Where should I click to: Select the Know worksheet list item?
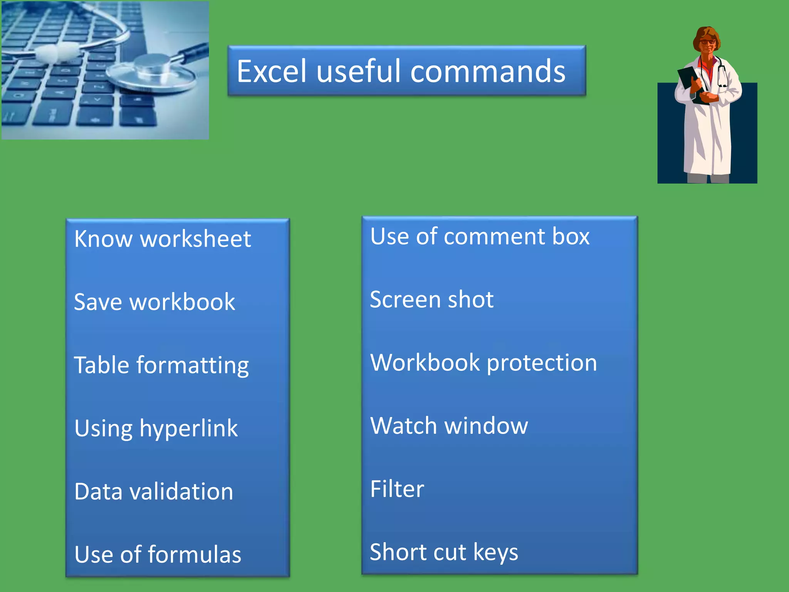tap(162, 239)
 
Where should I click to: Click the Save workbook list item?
tap(154, 302)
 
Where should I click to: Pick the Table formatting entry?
tap(161, 365)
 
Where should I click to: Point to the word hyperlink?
tap(188, 429)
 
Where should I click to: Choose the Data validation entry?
tap(154, 492)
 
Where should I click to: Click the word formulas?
tap(195, 555)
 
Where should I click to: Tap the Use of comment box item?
tap(479, 236)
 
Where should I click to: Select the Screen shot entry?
tap(431, 299)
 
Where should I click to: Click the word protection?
tap(542, 363)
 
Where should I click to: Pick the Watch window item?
tap(449, 426)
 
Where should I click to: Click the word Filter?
tap(397, 489)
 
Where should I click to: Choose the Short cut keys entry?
tap(444, 552)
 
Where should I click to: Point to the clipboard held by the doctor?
tap(690, 81)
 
